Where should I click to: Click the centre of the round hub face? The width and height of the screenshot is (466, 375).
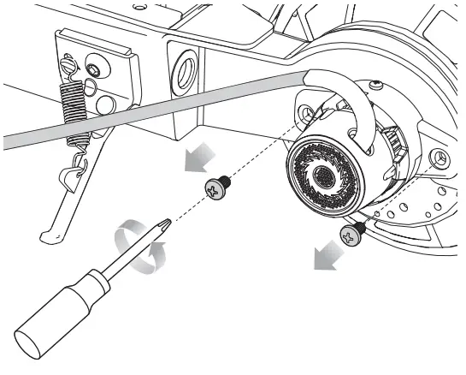[324, 176]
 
